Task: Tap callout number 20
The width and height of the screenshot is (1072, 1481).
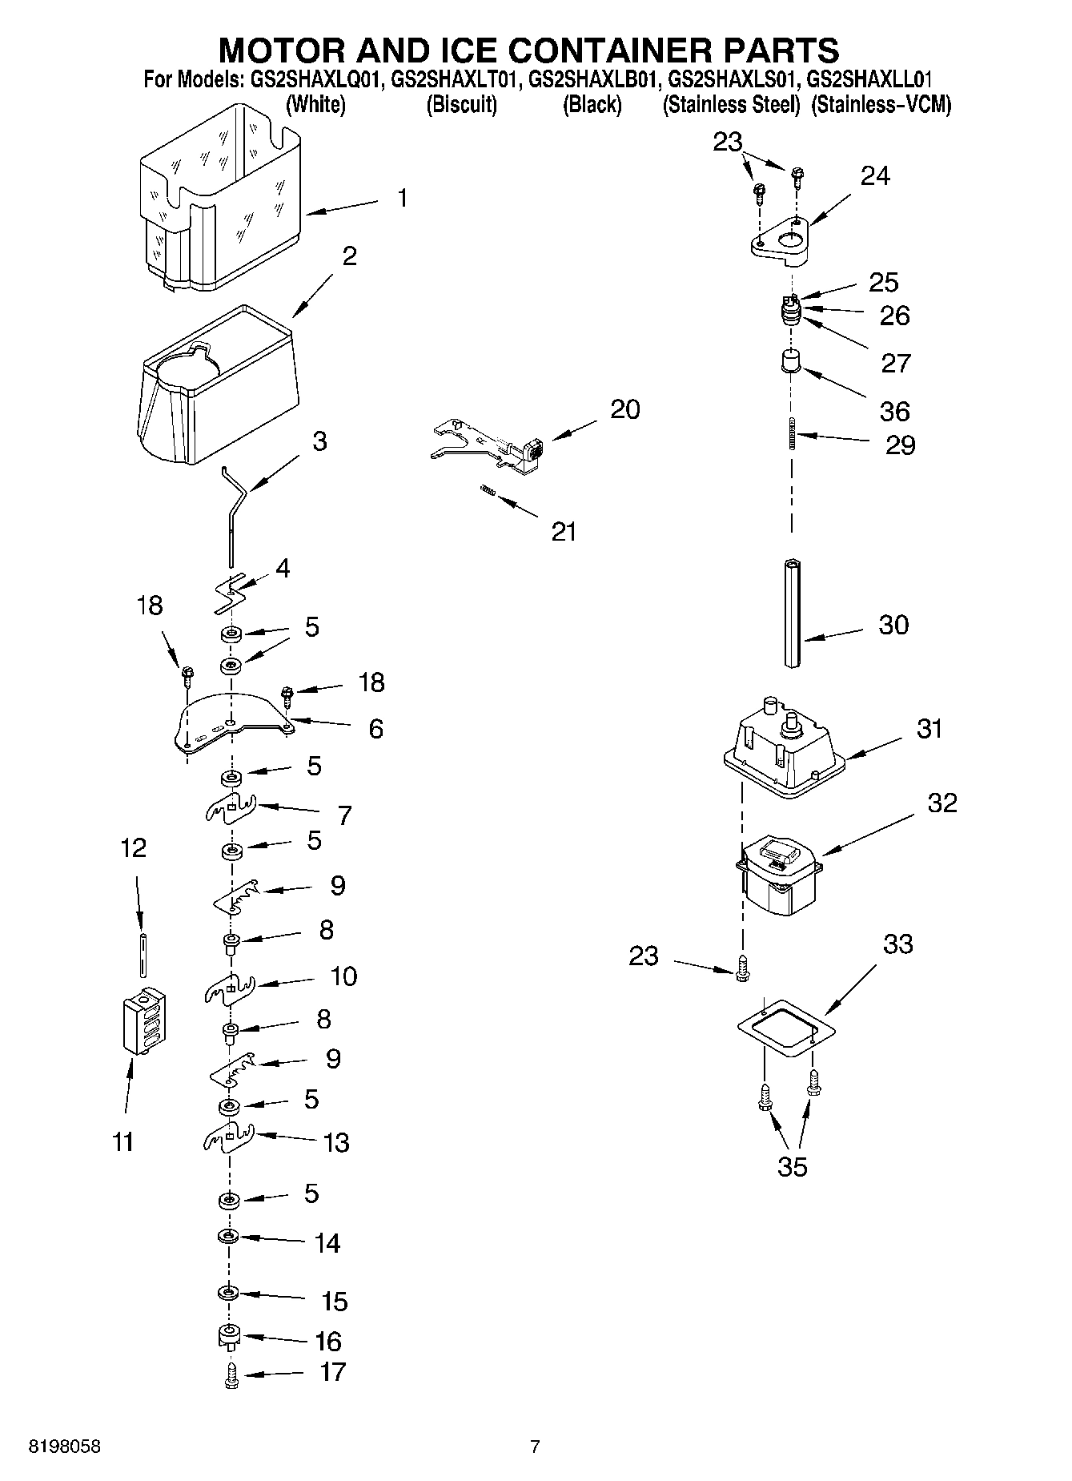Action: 625,409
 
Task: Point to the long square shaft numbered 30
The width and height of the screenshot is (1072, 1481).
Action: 793,613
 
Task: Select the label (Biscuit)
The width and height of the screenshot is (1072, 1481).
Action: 462,105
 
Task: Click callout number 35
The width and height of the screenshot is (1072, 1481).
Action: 792,1167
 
